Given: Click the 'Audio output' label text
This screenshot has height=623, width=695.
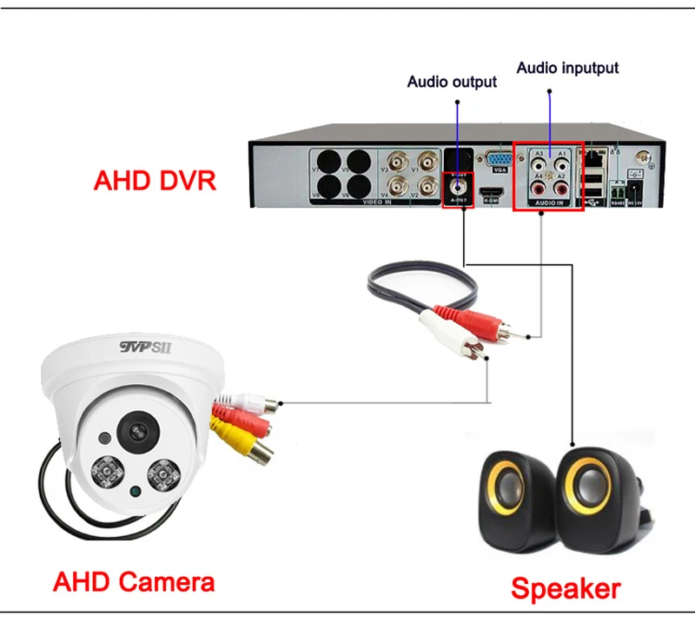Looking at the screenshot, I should pos(452,82).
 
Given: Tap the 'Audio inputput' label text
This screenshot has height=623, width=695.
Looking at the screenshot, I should pos(568,67).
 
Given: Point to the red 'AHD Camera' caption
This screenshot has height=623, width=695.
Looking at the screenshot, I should pos(134,580).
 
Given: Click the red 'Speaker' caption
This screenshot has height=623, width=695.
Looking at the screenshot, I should pos(566,589).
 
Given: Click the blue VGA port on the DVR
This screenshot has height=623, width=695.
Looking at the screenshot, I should pos(497,162).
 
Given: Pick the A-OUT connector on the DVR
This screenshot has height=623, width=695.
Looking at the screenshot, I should pos(458,184).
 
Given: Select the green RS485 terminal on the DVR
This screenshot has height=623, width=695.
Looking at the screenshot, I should pos(619,186).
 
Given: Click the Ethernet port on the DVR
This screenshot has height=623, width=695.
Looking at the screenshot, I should pos(594,160).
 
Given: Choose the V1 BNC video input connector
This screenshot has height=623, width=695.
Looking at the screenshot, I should pos(427,161).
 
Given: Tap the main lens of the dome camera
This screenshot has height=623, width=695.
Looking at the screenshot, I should pos(136,431).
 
